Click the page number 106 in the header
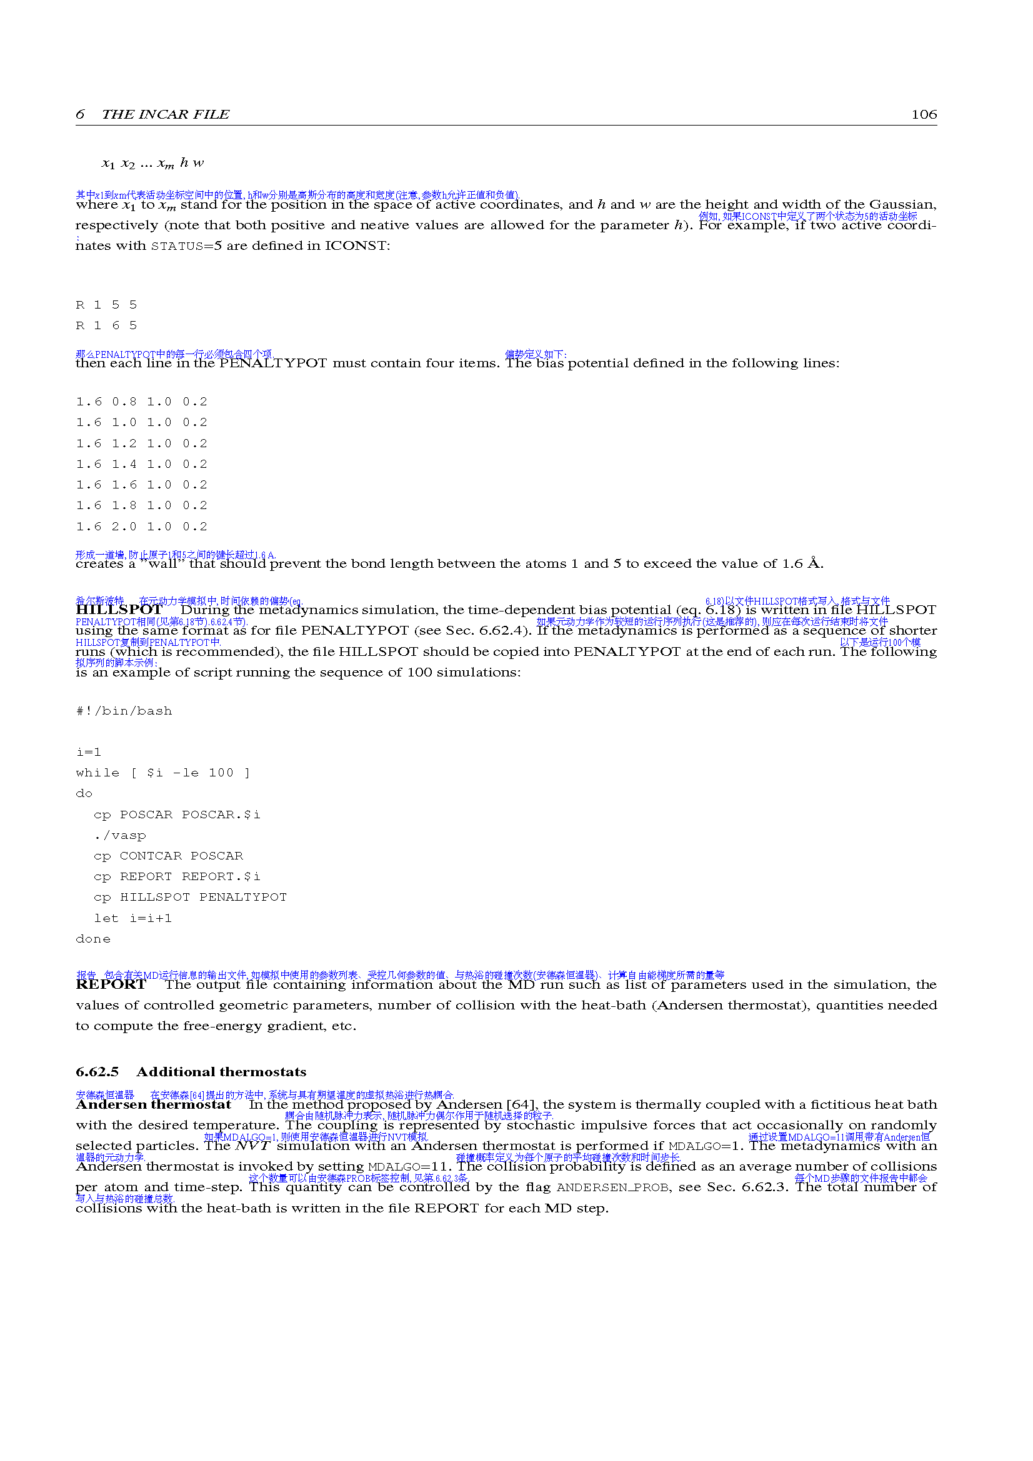coord(924,114)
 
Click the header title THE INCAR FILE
coord(166,114)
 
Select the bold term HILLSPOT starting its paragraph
coord(119,610)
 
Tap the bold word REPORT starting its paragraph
coord(111,984)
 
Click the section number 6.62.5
coord(97,1072)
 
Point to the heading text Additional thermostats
coord(221,1072)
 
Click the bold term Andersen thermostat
coord(153,1105)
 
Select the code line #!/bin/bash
coord(124,711)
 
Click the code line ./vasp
coord(119,835)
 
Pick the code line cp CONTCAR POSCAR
coord(168,856)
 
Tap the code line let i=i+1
coord(132,918)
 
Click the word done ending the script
coord(93,939)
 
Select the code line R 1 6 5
coord(106,325)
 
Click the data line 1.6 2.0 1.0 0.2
coord(141,526)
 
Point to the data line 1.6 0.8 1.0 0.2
coord(141,402)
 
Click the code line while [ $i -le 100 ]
coord(163,773)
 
